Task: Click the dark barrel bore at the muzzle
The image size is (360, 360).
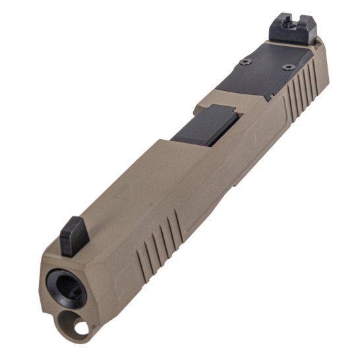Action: point(68,288)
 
